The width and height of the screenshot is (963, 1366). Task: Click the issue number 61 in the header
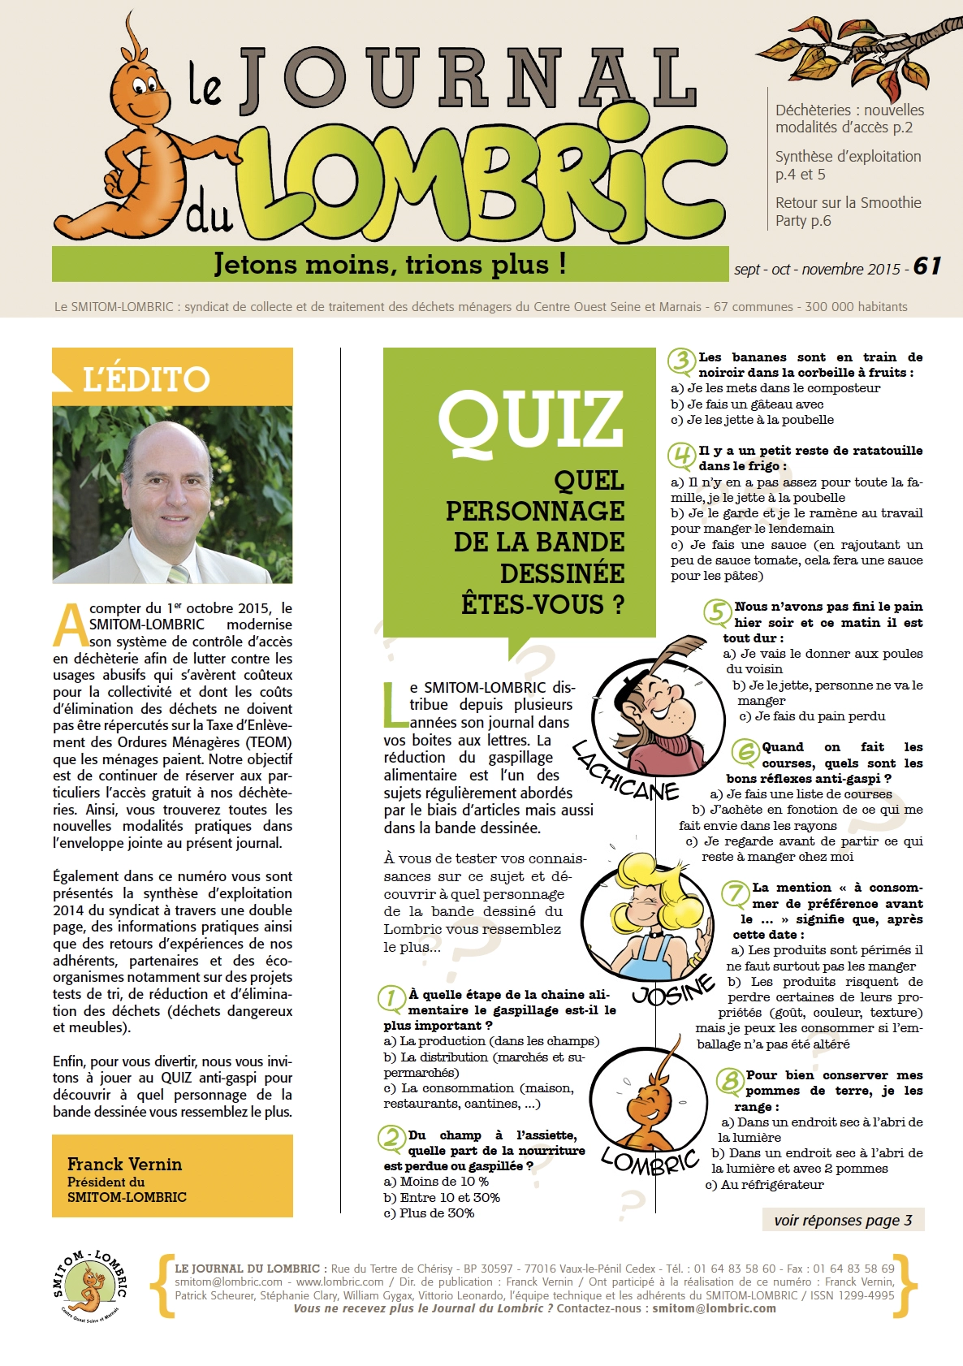926,267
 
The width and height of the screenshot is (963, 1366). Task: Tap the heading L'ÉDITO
146,379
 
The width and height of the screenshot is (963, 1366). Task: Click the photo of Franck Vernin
172,494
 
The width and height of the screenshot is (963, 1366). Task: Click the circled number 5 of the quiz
717,612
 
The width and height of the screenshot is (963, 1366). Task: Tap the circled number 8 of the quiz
729,1081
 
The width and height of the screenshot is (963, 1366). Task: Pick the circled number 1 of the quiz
391,998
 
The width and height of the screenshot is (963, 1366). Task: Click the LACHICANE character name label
624,772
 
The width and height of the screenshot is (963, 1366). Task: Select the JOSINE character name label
673,989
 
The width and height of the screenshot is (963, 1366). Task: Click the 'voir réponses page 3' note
843,1220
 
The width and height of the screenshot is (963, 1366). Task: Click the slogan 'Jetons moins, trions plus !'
390,265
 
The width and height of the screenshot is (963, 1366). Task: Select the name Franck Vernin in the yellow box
124,1165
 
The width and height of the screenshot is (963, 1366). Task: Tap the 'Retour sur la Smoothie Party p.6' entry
848,212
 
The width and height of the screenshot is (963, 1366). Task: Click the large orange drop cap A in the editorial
70,625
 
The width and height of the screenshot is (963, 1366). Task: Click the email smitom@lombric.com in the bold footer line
714,1308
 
